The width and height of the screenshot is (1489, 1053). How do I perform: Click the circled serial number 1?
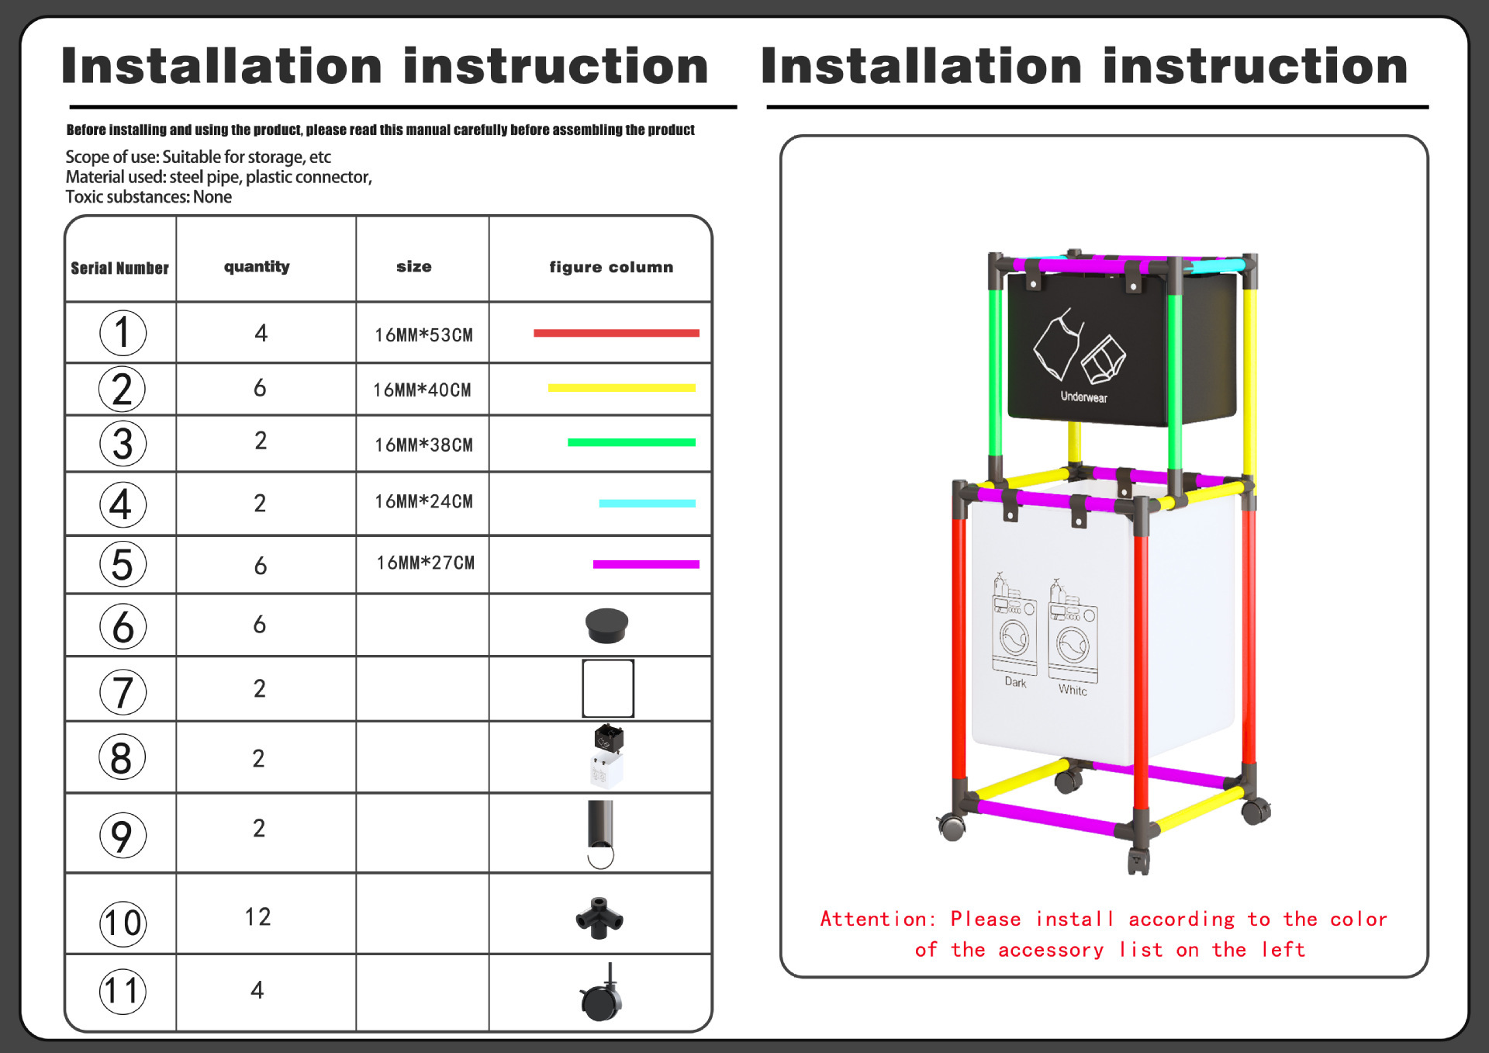pyautogui.click(x=123, y=333)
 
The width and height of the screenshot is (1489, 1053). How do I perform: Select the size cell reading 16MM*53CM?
pyautogui.click(x=423, y=335)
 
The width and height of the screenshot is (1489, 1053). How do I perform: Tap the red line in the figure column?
pyautogui.click(x=616, y=333)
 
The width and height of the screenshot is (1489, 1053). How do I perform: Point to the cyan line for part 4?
pyautogui.click(x=647, y=504)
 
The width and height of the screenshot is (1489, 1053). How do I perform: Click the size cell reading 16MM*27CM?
pyautogui.click(x=425, y=563)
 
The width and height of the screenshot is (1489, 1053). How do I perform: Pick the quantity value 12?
pyautogui.click(x=257, y=917)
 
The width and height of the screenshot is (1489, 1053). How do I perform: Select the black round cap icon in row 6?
pyautogui.click(x=606, y=625)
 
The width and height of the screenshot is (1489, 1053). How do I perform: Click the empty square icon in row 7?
pyautogui.click(x=608, y=688)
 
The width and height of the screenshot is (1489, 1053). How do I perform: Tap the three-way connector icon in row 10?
pyautogui.click(x=599, y=918)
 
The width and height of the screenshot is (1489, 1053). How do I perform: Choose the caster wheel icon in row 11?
pyautogui.click(x=601, y=996)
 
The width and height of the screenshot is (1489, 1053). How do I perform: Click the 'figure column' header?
pyautogui.click(x=611, y=267)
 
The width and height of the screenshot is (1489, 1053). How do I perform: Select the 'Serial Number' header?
pyautogui.click(x=119, y=268)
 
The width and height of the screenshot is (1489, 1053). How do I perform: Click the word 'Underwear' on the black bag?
pyautogui.click(x=1083, y=397)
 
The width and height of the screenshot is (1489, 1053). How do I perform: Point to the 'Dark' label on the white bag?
pyautogui.click(x=1015, y=682)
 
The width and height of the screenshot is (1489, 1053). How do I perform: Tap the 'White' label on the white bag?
pyautogui.click(x=1073, y=690)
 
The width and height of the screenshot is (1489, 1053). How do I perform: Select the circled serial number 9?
pyautogui.click(x=123, y=836)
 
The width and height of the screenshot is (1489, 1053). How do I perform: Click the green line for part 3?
pyautogui.click(x=631, y=442)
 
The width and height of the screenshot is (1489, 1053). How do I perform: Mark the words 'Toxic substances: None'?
pyautogui.click(x=148, y=197)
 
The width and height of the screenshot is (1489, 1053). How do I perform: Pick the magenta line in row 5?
pyautogui.click(x=646, y=564)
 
